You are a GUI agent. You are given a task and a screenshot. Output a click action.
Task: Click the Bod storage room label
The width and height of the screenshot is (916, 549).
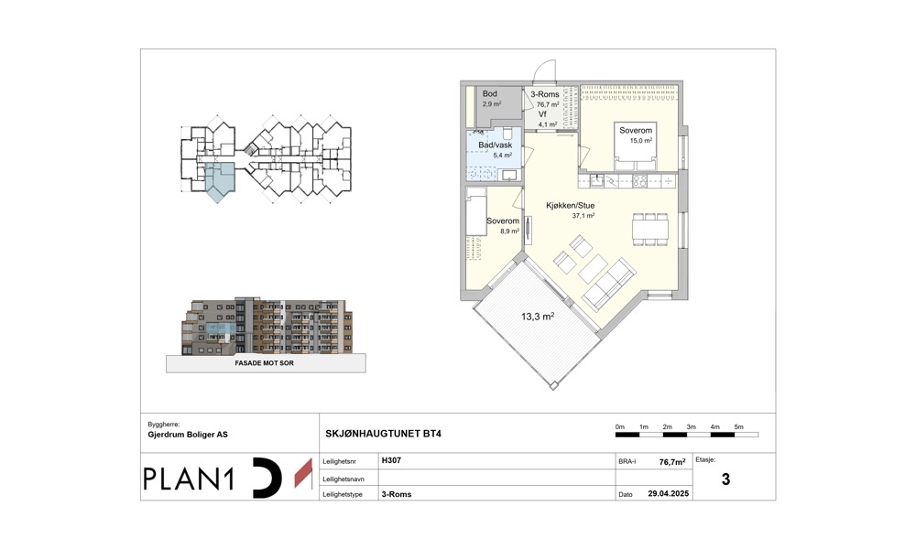489,94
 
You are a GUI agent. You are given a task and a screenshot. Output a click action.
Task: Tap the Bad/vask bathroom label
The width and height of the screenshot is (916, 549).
495,145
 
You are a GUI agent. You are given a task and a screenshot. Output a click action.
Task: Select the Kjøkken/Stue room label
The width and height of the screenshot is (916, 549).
570,205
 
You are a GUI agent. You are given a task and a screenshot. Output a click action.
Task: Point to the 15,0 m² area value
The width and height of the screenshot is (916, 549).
641,141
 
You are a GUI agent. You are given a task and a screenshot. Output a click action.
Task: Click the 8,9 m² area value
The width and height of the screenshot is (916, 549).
509,231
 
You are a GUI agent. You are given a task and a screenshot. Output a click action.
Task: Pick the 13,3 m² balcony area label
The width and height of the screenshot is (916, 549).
538,317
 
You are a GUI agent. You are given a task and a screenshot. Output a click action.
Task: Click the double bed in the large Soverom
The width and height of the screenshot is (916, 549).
637,146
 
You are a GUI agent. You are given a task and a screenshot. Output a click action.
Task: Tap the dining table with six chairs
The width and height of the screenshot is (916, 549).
650,230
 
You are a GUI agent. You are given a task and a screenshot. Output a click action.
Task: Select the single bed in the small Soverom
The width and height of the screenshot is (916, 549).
476,211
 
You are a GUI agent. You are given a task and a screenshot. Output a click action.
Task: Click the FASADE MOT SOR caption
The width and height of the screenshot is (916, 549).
264,363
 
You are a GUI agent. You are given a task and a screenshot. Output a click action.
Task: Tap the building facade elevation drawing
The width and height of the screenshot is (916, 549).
267,326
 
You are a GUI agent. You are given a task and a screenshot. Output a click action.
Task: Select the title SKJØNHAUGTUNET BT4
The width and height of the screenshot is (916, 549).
383,434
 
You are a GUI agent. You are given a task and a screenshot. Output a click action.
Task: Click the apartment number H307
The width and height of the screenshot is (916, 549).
391,460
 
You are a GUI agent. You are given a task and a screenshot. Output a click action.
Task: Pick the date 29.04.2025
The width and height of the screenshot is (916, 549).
669,493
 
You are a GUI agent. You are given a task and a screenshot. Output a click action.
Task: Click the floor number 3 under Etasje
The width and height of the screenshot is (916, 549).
725,479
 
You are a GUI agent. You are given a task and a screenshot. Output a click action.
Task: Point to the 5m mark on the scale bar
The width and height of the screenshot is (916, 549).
739,427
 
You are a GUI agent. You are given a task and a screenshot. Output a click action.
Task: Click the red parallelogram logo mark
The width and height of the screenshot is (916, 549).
303,473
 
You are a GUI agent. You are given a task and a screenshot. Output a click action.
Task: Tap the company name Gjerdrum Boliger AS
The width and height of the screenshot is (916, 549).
188,435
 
